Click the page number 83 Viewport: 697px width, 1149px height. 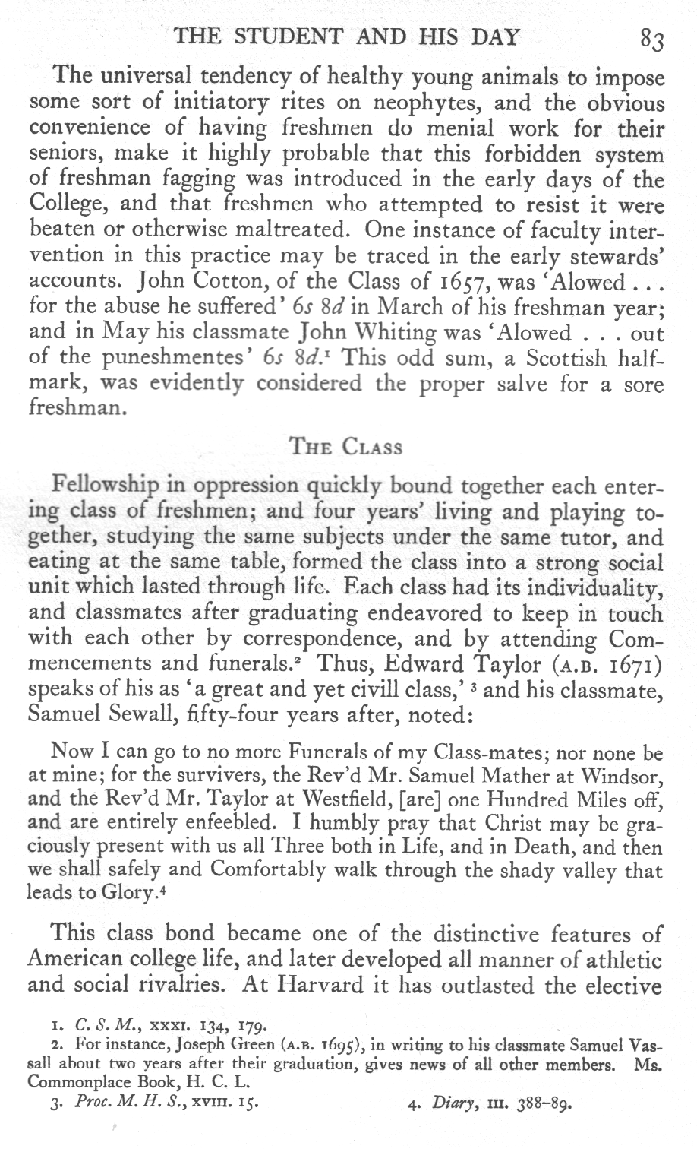653,38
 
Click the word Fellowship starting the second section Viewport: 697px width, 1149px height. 103,485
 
